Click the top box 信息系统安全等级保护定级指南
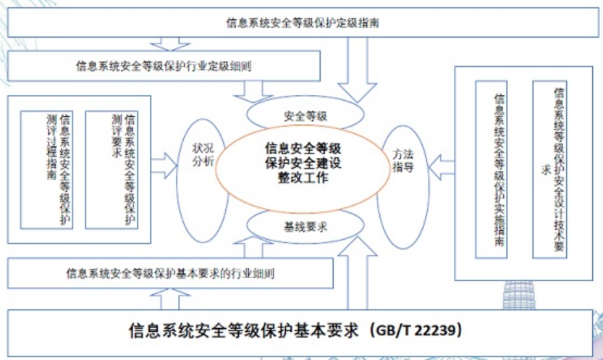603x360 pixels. (x=303, y=22)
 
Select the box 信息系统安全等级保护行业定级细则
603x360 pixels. (x=164, y=66)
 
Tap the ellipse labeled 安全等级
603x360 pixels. (x=305, y=114)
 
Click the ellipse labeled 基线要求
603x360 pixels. (x=305, y=227)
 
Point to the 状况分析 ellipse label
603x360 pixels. (x=203, y=154)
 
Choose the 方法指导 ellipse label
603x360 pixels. (x=402, y=161)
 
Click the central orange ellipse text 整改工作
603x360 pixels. (x=303, y=177)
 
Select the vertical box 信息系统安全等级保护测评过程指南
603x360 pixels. (x=46, y=169)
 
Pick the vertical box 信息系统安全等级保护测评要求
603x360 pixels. (x=111, y=169)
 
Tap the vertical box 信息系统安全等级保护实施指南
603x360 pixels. (x=491, y=169)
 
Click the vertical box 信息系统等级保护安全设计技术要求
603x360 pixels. (x=549, y=169)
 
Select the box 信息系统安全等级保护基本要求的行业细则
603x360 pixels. (x=170, y=273)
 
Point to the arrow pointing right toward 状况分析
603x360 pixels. (x=164, y=166)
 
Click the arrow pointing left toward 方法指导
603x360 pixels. (x=441, y=167)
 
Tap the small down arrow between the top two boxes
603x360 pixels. (x=169, y=44)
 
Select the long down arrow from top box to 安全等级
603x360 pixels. (x=358, y=70)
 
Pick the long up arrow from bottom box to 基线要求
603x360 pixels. (x=358, y=273)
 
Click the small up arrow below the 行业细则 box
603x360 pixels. (x=169, y=299)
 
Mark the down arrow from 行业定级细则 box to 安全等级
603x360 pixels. (x=253, y=91)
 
